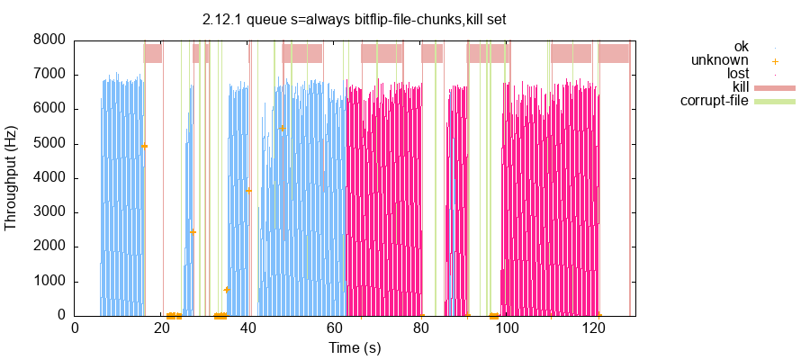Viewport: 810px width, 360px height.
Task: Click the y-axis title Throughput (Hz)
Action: (12, 177)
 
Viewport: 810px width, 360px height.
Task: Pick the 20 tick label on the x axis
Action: (161, 328)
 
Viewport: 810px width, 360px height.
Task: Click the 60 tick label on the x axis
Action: (335, 328)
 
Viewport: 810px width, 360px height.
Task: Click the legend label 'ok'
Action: (741, 47)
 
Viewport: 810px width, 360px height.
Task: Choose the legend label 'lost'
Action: (738, 74)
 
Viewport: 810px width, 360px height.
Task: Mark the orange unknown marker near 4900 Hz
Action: (145, 146)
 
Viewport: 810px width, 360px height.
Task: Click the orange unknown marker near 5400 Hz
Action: (282, 128)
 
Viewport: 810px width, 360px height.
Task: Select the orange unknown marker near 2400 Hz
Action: (193, 232)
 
